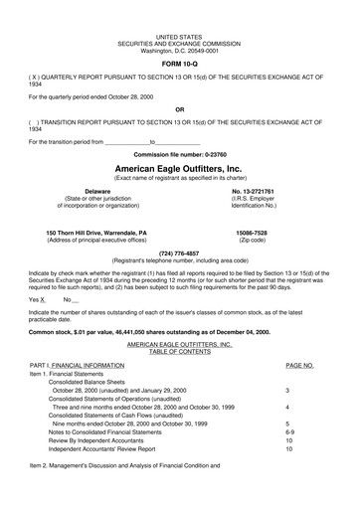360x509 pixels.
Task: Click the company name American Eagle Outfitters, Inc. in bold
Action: pos(179,169)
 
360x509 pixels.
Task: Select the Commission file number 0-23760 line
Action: pos(179,155)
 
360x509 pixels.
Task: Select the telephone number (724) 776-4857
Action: pos(179,252)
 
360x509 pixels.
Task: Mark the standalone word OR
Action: pos(179,109)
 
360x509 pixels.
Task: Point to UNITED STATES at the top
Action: pos(179,35)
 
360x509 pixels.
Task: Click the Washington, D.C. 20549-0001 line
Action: pos(179,49)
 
